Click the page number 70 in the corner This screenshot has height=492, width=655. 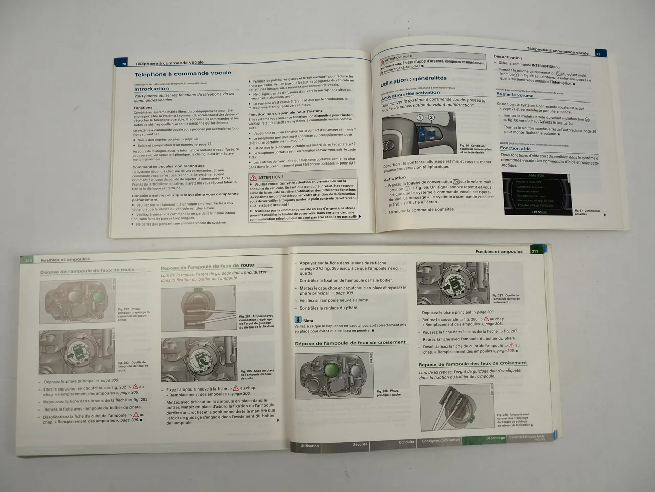tap(124, 64)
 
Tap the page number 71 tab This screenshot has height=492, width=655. tap(598, 53)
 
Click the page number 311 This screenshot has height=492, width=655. tap(535, 251)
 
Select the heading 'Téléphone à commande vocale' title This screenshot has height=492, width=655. tap(183, 74)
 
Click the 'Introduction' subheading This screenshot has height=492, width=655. tap(151, 88)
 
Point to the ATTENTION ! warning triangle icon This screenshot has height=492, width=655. tap(253, 177)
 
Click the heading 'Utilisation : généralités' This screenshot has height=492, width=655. tap(413, 80)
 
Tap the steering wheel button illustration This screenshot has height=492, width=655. tap(419, 133)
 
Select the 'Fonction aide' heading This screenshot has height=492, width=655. tap(515, 148)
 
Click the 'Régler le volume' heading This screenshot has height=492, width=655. tap(515, 95)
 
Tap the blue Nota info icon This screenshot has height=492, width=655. tap(298, 320)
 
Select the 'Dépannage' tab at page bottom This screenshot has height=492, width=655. tap(495, 438)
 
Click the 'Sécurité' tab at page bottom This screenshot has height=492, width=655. tap(360, 444)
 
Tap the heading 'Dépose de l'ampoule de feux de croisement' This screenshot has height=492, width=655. tap(350, 343)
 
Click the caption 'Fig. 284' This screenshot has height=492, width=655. tap(245, 317)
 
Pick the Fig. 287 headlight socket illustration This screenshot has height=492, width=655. tap(453, 283)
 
